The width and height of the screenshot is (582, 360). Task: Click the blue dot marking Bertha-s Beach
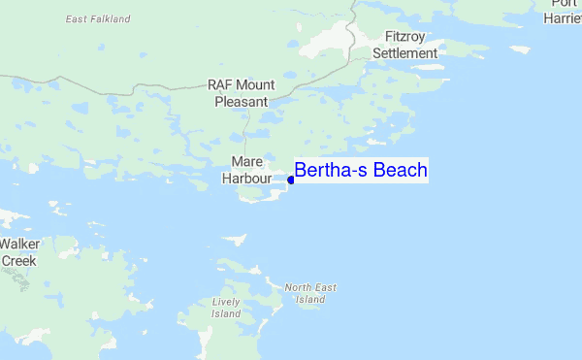coord(291,180)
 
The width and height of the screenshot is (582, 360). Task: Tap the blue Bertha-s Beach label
coord(361,171)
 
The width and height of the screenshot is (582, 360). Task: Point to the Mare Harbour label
coord(242,170)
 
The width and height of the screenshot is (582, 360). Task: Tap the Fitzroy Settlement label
coord(405,45)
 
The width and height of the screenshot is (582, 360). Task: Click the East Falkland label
coord(99,18)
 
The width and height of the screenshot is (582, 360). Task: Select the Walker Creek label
coord(18,252)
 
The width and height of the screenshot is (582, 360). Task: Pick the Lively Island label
coord(226,308)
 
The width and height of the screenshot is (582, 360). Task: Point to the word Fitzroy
coord(405,37)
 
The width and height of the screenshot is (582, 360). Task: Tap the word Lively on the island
coord(226,302)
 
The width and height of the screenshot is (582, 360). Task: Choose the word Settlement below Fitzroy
coord(405,53)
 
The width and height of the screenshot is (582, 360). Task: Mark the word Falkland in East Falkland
coord(111,18)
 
